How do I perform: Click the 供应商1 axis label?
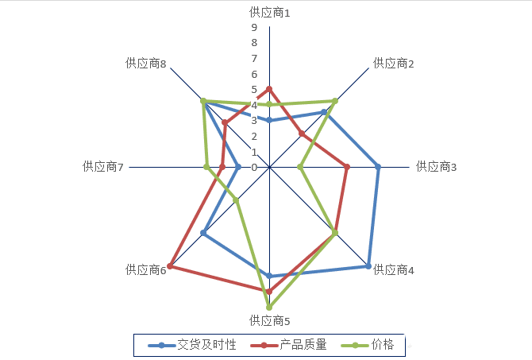[269, 13]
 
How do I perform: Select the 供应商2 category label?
[394, 63]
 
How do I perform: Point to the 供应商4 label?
[394, 270]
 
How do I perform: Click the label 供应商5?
[269, 321]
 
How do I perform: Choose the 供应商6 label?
[145, 270]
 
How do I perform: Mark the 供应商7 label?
[102, 167]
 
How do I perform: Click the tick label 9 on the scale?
[254, 28]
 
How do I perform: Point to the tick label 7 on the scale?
[254, 59]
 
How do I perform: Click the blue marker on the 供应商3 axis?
[378, 167]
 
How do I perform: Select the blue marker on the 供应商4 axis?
[368, 266]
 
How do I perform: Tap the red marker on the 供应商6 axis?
[170, 266]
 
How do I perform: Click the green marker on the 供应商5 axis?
[269, 307]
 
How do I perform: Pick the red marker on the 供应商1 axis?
[269, 89]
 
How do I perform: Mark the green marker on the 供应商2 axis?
[335, 101]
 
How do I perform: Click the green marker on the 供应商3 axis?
[300, 167]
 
